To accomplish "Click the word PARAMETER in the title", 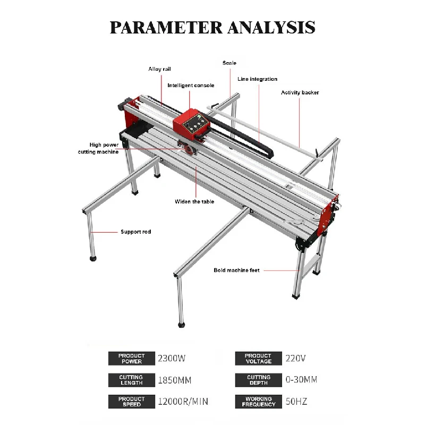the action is coord(166,27).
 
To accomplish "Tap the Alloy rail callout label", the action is coord(159,69).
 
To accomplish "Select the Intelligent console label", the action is coord(191,86).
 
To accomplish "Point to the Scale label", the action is coord(229,63).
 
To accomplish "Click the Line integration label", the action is coord(257,79).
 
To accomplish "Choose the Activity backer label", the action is coord(300,92).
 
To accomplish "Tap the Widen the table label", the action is coord(194,202).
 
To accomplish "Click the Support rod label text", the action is coord(136,232).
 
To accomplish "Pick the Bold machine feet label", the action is coord(236,270).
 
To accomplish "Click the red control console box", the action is coord(192,124).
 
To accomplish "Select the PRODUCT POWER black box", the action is coord(131,358).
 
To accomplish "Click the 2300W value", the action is coord(172,358).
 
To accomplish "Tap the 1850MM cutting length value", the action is coord(175,380).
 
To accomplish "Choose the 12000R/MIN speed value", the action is coord(183,402).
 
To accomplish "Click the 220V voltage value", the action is coord(295,358).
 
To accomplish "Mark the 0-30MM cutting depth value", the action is coord(301,379).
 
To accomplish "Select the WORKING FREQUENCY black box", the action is coord(258,402).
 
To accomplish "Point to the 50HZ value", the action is coord(296,402).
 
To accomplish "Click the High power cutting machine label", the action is coord(98,148).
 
